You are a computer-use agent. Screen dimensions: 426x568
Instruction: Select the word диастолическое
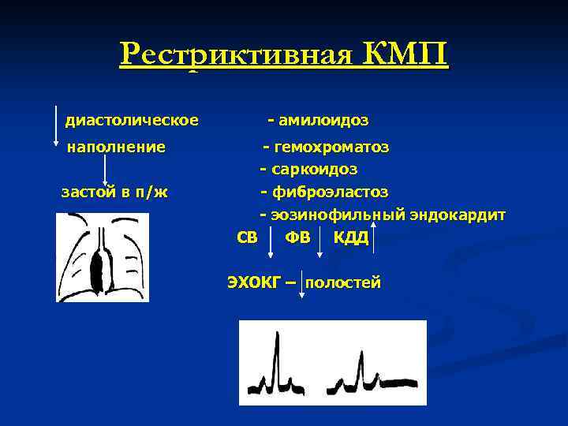click(x=132, y=120)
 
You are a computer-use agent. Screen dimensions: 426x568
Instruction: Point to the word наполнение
click(x=117, y=147)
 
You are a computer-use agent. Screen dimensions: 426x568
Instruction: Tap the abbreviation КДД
click(x=351, y=238)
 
